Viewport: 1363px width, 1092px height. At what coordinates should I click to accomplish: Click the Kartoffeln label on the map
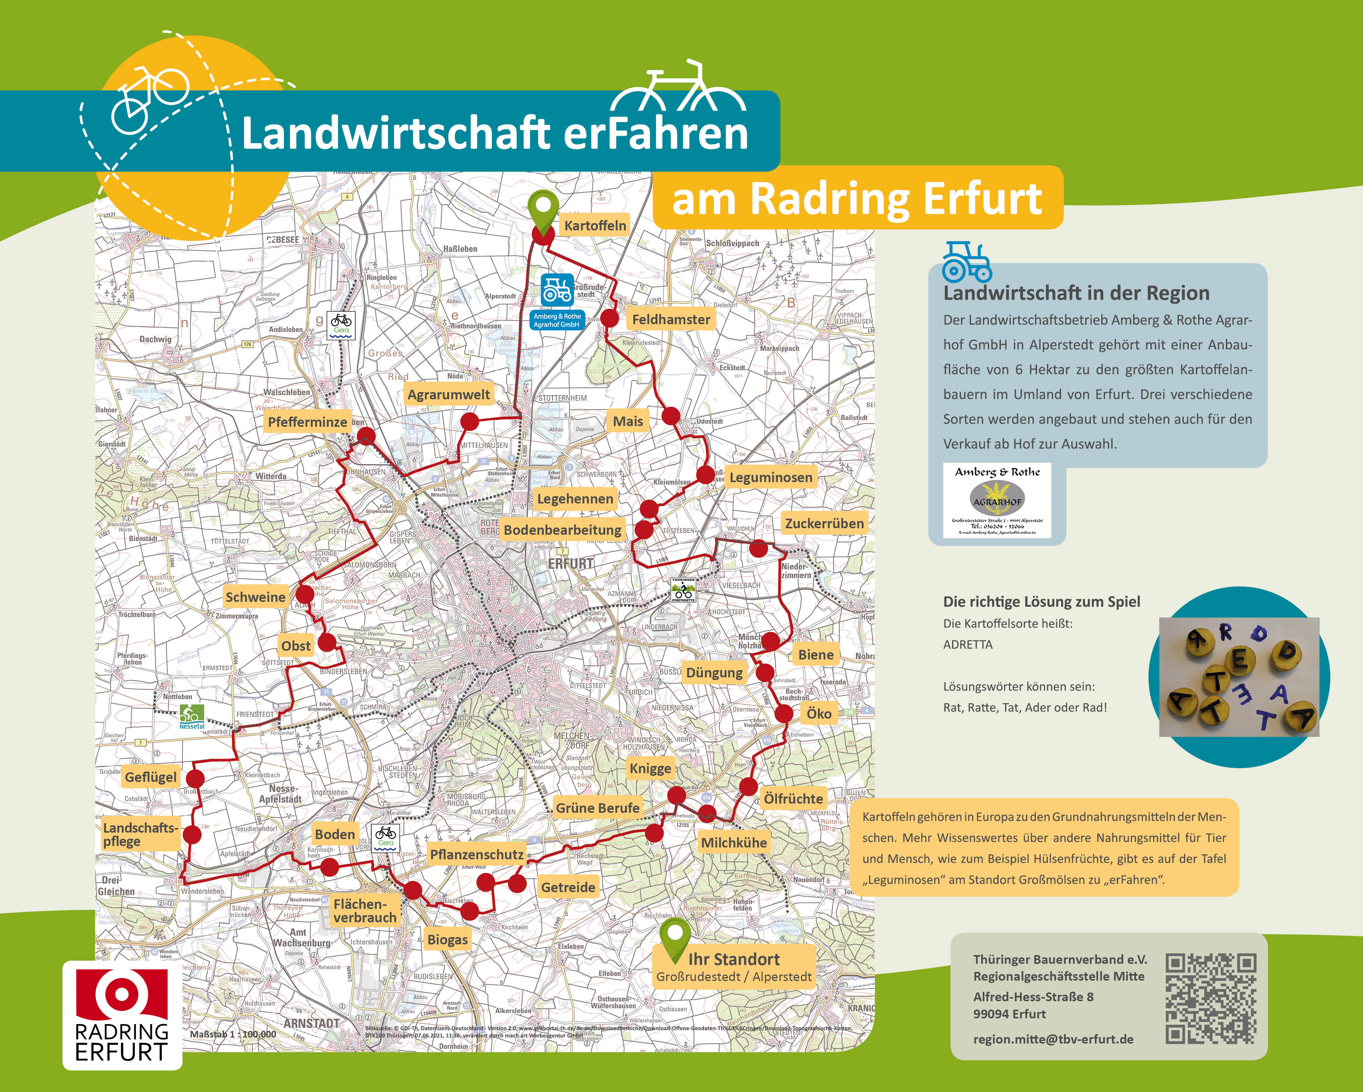tap(595, 225)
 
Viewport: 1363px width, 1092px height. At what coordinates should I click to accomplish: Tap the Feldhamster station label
tap(671, 320)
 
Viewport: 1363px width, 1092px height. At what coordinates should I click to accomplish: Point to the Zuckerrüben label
tap(824, 523)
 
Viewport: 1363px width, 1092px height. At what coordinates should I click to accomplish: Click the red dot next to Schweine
tap(305, 594)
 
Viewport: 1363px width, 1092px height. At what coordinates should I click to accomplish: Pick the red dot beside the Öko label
tap(783, 714)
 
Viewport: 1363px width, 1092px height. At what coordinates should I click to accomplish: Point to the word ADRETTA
tap(968, 645)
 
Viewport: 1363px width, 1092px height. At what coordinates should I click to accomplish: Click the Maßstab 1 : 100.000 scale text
tap(233, 1034)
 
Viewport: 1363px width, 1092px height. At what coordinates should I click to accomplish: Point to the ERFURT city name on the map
tap(571, 564)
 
